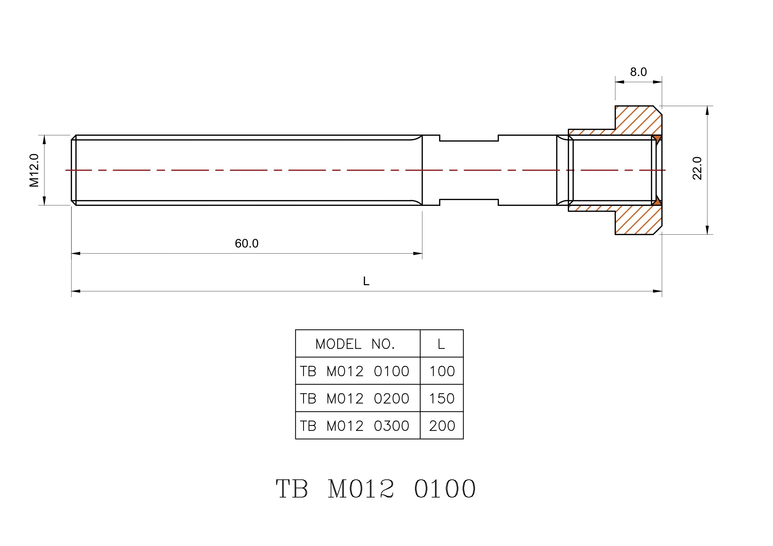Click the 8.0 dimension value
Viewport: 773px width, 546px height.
(638, 72)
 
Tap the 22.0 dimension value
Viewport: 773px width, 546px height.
(697, 168)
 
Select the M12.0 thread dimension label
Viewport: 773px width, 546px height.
(34, 170)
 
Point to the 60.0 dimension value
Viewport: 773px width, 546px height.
(247, 244)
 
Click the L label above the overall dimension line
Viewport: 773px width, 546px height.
(366, 281)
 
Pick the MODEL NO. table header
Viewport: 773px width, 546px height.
(355, 344)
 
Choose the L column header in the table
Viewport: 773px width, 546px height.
(441, 344)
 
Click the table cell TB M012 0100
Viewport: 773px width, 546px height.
(355, 371)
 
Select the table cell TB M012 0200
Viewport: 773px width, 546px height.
(355, 399)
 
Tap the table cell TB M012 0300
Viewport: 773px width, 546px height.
(355, 426)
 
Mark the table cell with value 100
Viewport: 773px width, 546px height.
(442, 371)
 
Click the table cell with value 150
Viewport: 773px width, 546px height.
(442, 399)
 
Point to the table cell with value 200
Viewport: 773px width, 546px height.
(442, 426)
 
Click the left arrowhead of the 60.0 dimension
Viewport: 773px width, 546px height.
(76, 254)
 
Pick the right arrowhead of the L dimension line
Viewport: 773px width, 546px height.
(657, 291)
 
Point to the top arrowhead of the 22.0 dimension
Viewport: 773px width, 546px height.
(707, 110)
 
